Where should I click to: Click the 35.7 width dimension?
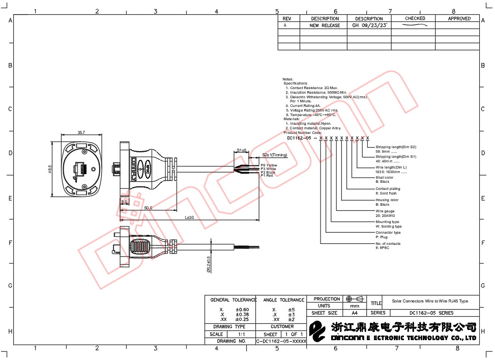(81, 132)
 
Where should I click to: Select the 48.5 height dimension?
(50, 169)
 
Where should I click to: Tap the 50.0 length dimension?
(148, 208)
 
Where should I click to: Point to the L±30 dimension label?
(189, 217)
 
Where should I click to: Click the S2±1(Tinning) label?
(275, 155)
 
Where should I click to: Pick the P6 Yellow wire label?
(269, 165)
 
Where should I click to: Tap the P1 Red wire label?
(267, 176)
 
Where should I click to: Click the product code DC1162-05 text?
(299, 138)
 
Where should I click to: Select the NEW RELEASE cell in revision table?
(325, 25)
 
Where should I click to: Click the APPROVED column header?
(459, 18)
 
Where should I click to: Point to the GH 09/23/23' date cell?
(370, 25)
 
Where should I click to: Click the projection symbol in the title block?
(355, 299)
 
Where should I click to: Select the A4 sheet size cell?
(355, 313)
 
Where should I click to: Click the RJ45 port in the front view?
(81, 169)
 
